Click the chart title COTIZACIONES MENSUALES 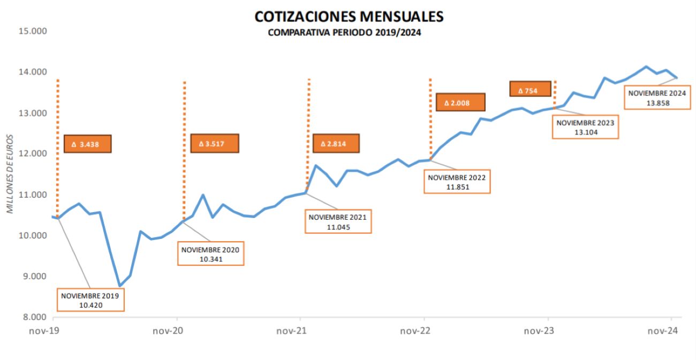(349, 17)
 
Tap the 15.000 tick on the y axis (34, 31)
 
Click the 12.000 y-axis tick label (34, 154)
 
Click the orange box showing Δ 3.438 (87, 144)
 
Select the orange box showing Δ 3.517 (214, 144)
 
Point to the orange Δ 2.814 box (336, 144)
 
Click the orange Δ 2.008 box (460, 102)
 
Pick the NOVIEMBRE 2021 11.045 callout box (338, 222)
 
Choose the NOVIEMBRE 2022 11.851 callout (457, 181)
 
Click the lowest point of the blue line (120, 286)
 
